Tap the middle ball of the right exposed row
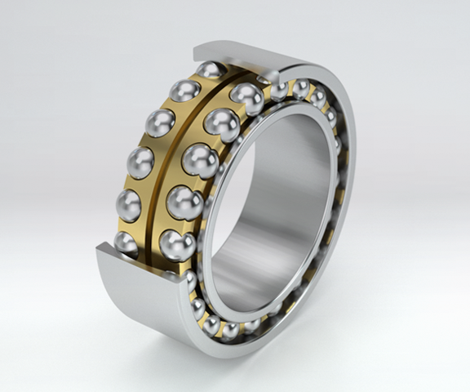pyautogui.click(x=201, y=159)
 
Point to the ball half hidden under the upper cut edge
pyautogui.click(x=211, y=69)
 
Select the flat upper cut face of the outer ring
pyautogui.click(x=245, y=58)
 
